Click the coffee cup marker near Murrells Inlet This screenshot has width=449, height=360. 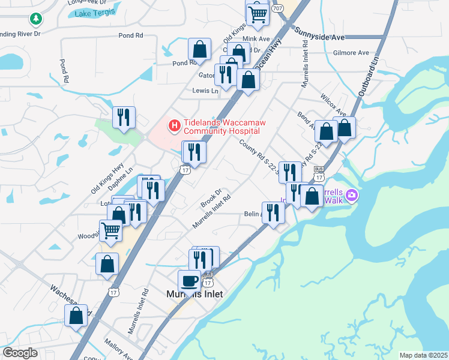tap(189, 281)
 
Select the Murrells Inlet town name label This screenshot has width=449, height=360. tap(194, 294)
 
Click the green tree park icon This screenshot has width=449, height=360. tap(37, 19)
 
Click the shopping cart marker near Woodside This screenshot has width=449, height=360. tap(110, 230)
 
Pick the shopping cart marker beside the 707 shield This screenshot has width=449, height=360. tap(258, 14)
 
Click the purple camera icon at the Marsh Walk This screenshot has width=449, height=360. tap(352, 194)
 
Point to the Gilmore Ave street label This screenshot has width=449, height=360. tap(351, 53)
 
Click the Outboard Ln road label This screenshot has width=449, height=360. tap(368, 79)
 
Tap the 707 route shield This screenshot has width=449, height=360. tap(277, 8)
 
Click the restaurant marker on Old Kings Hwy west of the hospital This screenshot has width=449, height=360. tap(124, 117)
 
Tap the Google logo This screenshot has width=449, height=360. tap(20, 353)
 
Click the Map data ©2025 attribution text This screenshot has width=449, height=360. tap(423, 355)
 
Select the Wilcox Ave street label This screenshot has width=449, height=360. tap(334, 104)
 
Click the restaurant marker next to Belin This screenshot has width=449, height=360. tap(273, 212)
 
